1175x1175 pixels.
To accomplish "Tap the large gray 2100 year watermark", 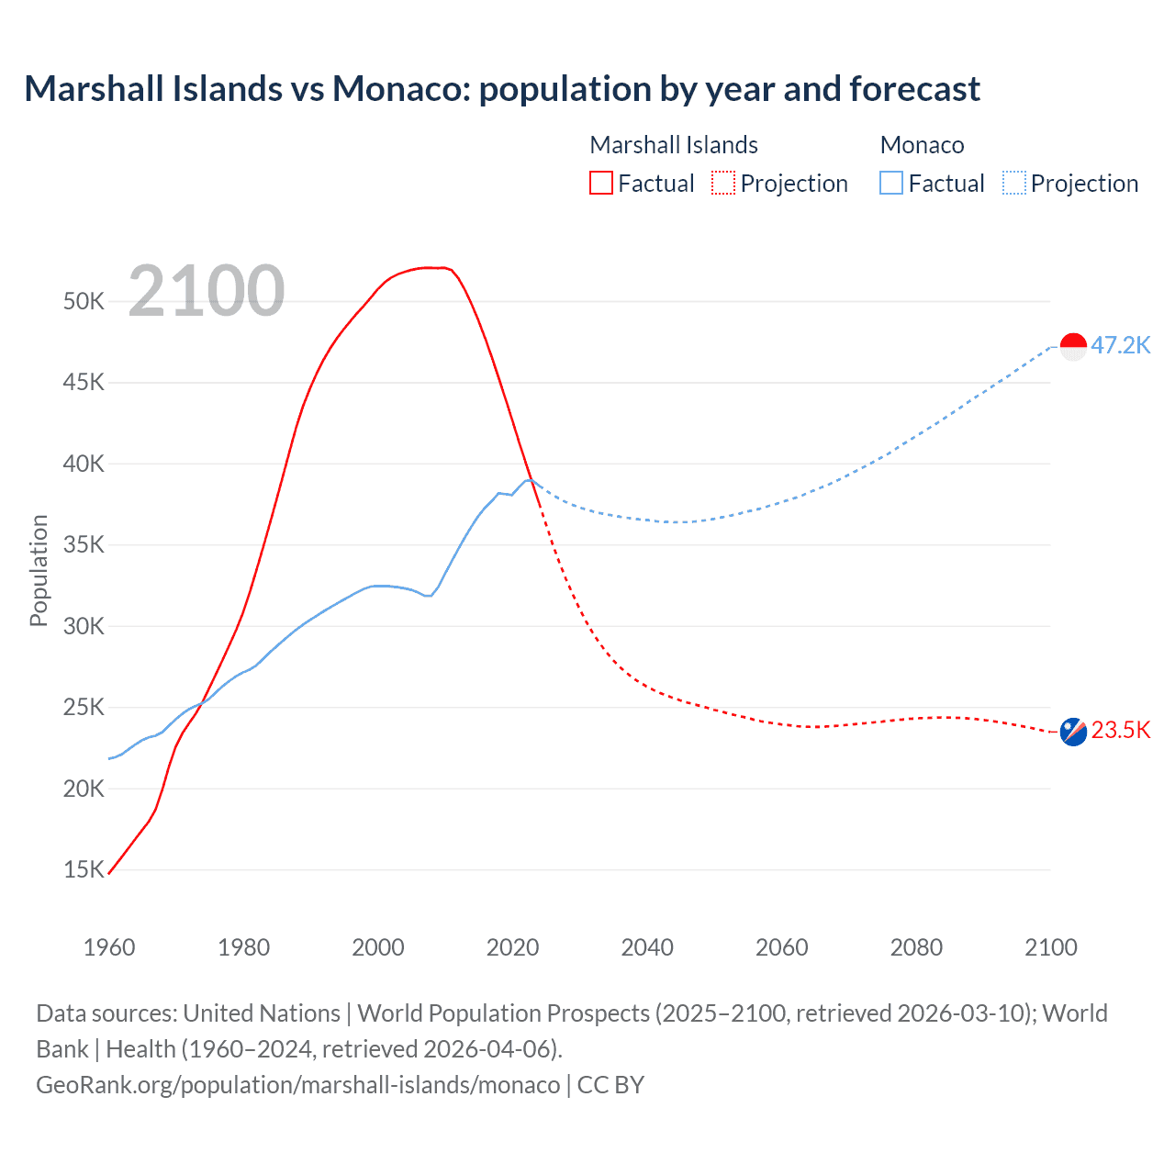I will (x=207, y=291).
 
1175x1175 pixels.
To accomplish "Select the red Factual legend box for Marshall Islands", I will (x=601, y=184).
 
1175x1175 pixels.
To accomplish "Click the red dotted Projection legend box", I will (x=723, y=184).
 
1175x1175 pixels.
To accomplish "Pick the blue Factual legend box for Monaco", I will (x=891, y=184).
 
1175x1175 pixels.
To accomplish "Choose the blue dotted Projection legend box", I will (x=1014, y=184).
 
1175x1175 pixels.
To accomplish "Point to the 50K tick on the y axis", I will (x=84, y=301).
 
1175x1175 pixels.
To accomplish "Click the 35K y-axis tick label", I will (x=84, y=545).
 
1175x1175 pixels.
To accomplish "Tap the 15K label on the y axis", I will (x=84, y=869).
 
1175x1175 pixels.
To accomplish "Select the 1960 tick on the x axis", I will (x=109, y=947).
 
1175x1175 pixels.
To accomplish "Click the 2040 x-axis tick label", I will (x=647, y=947).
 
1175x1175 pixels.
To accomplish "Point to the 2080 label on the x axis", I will (x=916, y=947).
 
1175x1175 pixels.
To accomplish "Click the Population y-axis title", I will (x=39, y=570).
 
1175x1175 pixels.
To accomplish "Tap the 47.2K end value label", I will (x=1120, y=345).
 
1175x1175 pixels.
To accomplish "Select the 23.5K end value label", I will (x=1120, y=730).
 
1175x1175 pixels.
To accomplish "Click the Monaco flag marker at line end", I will (x=1073, y=346).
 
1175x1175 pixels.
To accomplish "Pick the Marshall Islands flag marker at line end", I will (x=1073, y=732).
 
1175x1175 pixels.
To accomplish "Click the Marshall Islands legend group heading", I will (x=674, y=145).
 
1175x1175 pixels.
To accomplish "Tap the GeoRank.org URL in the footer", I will (x=297, y=1085).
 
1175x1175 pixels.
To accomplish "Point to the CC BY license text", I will (x=610, y=1085).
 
